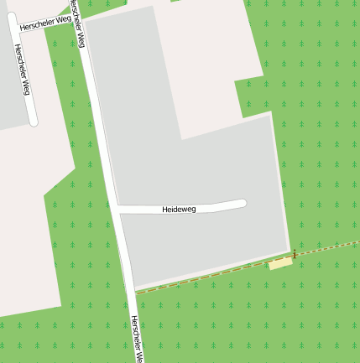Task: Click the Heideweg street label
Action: click(179, 209)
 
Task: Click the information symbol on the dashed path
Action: click(295, 254)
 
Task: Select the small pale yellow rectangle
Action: click(280, 264)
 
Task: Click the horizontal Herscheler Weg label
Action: click(45, 19)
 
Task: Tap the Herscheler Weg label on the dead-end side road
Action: click(22, 70)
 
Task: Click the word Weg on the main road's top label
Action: click(81, 37)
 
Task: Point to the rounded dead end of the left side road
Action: click(34, 121)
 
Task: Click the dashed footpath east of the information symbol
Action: click(327, 248)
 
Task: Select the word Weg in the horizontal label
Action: click(63, 17)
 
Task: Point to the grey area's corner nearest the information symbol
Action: click(290, 249)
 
